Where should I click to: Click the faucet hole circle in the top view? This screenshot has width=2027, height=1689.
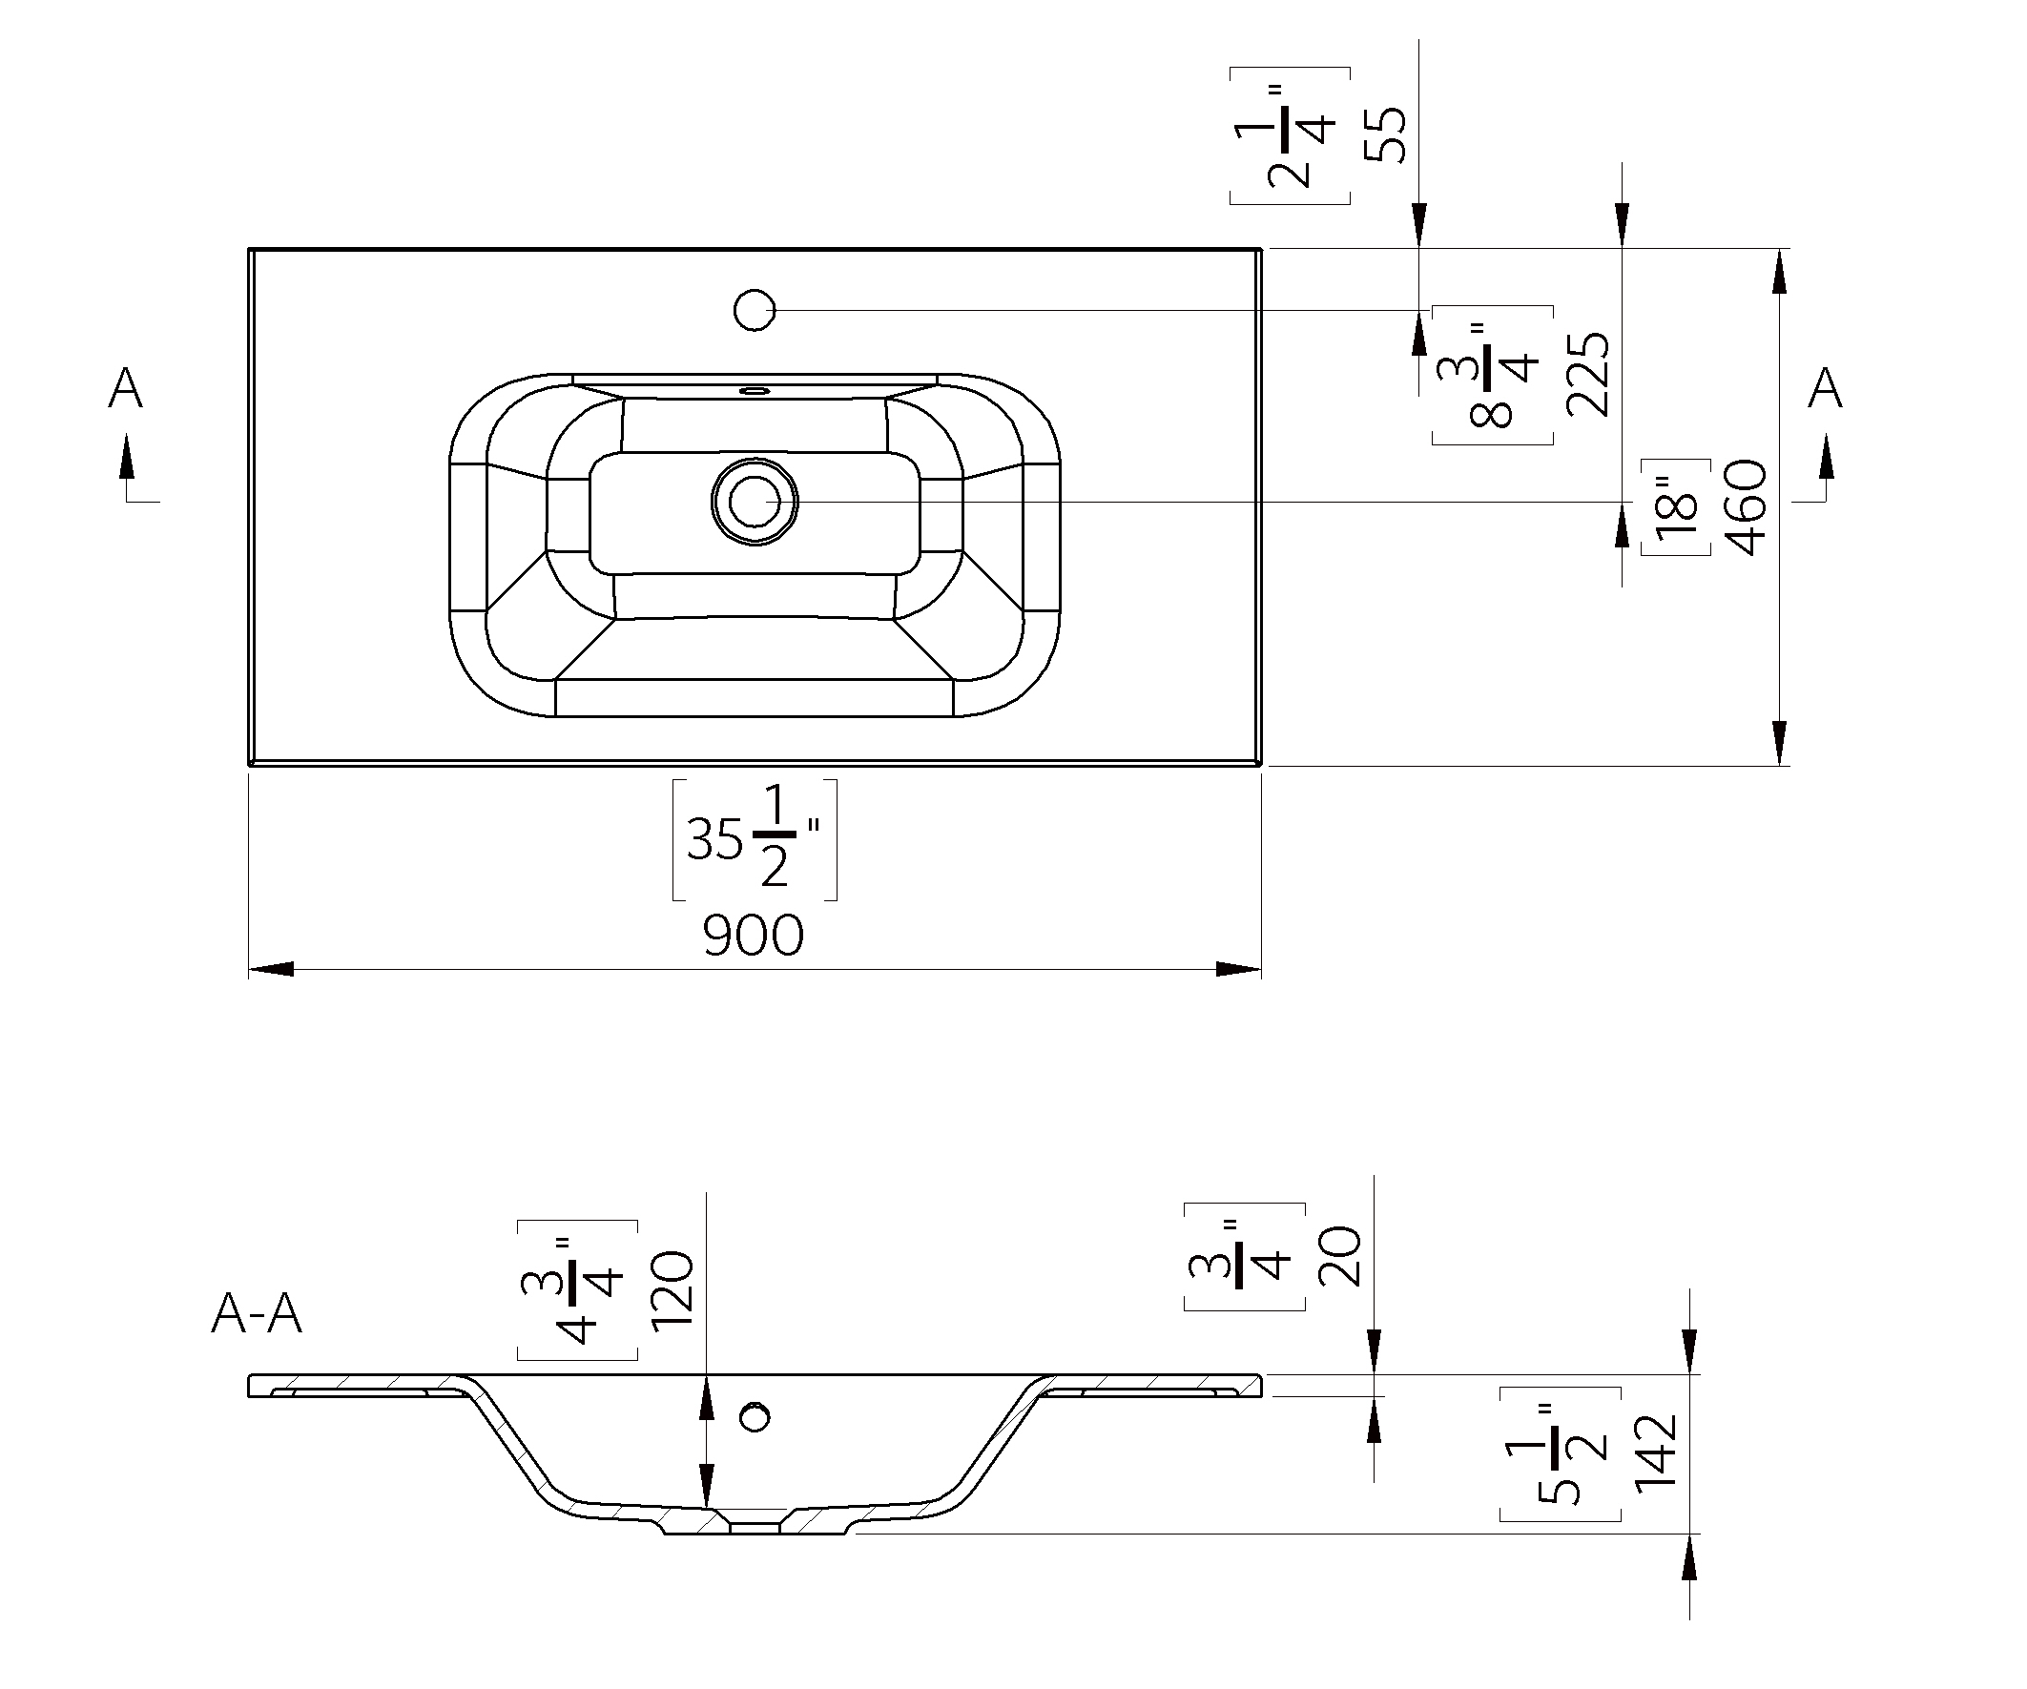tap(754, 311)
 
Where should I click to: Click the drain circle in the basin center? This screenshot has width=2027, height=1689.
tap(754, 502)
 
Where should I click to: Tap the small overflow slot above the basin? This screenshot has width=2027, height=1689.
tap(754, 391)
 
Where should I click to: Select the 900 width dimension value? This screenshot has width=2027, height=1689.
tap(753, 936)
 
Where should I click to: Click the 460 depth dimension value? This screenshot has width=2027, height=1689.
tap(1748, 507)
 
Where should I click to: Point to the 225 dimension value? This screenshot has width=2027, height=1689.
tap(1589, 375)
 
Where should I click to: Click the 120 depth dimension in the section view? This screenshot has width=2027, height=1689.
tap(672, 1291)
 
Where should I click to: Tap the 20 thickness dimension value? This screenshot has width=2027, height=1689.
tap(1340, 1257)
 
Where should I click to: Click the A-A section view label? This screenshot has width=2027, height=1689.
tap(257, 1313)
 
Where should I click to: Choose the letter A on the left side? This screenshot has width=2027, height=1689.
tap(126, 389)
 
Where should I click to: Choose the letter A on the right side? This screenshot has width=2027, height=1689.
tap(1824, 389)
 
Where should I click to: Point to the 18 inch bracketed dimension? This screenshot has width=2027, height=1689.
tap(1677, 507)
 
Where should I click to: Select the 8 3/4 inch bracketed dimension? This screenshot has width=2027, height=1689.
tap(1492, 376)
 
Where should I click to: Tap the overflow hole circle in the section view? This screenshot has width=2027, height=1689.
tap(754, 1417)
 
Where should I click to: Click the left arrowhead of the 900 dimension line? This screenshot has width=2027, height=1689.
tap(271, 969)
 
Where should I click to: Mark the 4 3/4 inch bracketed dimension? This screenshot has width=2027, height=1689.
tap(577, 1291)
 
